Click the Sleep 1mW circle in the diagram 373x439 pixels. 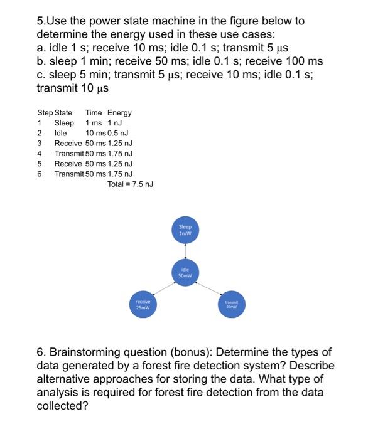(x=185, y=230)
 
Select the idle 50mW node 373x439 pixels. (x=185, y=273)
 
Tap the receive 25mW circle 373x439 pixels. (x=143, y=305)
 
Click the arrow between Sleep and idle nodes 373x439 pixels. (x=185, y=251)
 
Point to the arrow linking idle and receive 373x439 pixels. (x=165, y=288)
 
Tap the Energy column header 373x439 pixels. (x=119, y=113)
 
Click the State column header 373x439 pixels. (x=63, y=113)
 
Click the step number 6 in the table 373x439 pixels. (x=40, y=174)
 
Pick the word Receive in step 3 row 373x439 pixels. (x=68, y=143)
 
